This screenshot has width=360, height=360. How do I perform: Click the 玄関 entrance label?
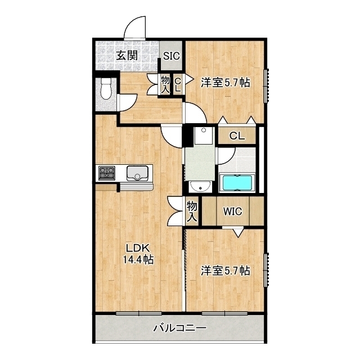127,55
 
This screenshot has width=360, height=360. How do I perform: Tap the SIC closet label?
171,56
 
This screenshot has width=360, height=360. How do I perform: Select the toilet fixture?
106,89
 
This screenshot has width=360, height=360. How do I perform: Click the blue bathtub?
237,183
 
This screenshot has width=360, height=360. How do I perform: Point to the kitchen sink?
137,173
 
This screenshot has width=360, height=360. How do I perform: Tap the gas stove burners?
107,173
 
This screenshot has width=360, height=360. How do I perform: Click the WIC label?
232,211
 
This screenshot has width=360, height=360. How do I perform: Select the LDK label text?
138,248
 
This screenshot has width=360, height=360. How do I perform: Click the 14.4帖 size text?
138,259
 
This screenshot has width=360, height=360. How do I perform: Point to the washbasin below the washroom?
200,187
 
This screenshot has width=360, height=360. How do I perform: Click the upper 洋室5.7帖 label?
226,83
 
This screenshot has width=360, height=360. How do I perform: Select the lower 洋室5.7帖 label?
226,271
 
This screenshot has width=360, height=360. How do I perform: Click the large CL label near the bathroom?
237,136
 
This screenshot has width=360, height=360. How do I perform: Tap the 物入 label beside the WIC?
192,211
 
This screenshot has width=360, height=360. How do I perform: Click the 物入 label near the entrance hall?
165,84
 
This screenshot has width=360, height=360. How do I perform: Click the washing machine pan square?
204,136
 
